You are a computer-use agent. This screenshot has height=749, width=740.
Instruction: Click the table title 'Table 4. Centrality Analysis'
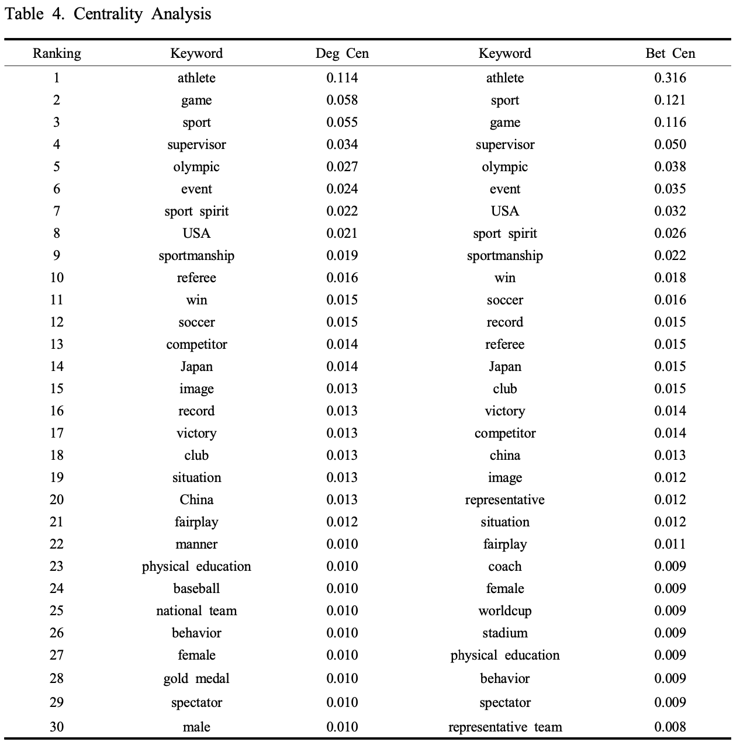pyautogui.click(x=108, y=14)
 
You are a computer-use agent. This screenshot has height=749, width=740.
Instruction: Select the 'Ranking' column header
pyautogui.click(x=57, y=54)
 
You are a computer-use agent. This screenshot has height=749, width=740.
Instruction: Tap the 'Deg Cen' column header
pyautogui.click(x=342, y=54)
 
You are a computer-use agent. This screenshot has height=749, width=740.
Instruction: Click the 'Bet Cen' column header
pyautogui.click(x=670, y=54)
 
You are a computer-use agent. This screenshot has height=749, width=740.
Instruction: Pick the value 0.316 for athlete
pyautogui.click(x=670, y=78)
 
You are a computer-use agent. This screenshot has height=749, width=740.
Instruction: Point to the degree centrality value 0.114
pyautogui.click(x=342, y=78)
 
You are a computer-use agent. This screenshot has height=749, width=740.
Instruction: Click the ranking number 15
pyautogui.click(x=57, y=389)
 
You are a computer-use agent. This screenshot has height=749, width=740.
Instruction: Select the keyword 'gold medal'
pyautogui.click(x=196, y=679)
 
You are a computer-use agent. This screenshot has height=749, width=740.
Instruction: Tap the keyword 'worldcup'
pyautogui.click(x=504, y=611)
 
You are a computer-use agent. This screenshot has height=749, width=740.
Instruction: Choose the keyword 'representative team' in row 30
pyautogui.click(x=504, y=727)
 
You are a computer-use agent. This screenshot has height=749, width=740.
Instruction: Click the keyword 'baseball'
pyautogui.click(x=196, y=589)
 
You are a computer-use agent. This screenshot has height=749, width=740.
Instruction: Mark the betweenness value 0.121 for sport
pyautogui.click(x=670, y=100)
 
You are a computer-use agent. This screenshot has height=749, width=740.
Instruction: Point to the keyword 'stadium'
pyautogui.click(x=504, y=633)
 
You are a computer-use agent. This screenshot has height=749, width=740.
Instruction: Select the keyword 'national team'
pyautogui.click(x=196, y=611)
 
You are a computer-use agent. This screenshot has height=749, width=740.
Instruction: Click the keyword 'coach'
pyautogui.click(x=504, y=567)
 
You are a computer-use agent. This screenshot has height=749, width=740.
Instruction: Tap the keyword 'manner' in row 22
pyautogui.click(x=196, y=545)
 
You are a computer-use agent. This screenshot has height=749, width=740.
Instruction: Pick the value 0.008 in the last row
pyautogui.click(x=670, y=727)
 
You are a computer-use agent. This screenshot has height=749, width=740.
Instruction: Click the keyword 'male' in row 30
pyautogui.click(x=196, y=727)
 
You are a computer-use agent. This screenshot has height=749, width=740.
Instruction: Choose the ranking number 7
pyautogui.click(x=57, y=211)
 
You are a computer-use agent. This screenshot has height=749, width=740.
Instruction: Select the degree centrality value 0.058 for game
pyautogui.click(x=342, y=100)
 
